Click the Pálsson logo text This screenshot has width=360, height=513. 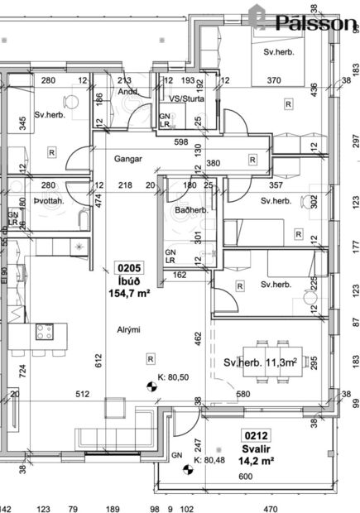314,22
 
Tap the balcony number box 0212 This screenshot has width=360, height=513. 254,434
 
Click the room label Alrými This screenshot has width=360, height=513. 128,330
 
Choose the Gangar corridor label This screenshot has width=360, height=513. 129,158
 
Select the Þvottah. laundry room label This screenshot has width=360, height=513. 51,201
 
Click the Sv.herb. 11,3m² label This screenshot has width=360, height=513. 260,362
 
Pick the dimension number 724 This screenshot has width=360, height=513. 23,368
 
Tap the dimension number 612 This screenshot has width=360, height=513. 97,357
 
